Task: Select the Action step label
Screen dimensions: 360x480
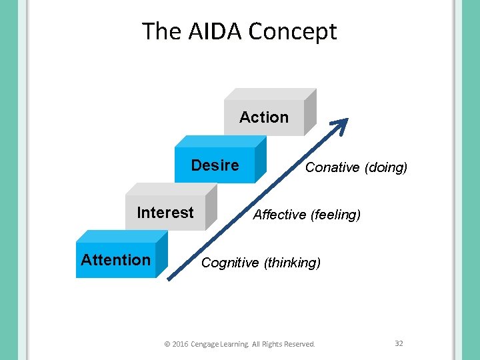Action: point(264,117)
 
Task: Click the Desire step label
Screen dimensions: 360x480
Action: point(215,165)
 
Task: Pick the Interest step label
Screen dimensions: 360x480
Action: point(165,213)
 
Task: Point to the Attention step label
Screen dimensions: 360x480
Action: point(115,260)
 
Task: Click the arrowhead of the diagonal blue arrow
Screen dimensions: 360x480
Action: point(341,124)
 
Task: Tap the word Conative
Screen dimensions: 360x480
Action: point(332,167)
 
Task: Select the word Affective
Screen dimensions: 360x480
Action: point(281,215)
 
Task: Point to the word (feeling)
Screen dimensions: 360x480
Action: point(336,215)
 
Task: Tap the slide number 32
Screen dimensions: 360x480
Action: point(399,343)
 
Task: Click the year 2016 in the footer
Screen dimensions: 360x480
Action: point(180,344)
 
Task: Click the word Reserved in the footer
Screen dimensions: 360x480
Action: point(299,344)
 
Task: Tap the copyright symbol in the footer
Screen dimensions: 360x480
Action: point(167,344)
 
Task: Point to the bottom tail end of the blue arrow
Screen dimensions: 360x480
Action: point(170,279)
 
